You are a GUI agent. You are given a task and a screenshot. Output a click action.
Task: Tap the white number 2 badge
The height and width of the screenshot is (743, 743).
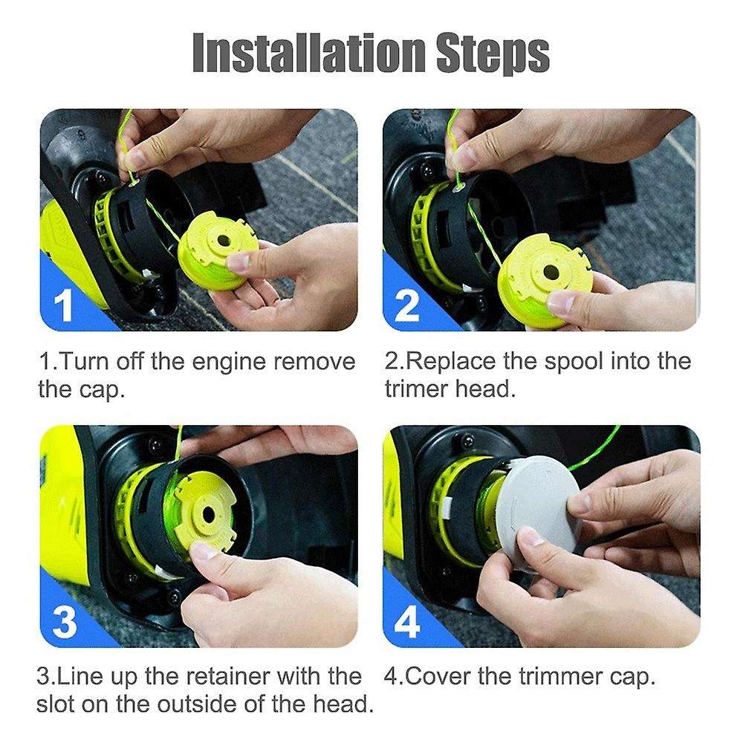pyautogui.click(x=406, y=304)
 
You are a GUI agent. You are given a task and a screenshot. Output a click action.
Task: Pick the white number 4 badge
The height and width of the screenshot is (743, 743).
pyautogui.click(x=407, y=623)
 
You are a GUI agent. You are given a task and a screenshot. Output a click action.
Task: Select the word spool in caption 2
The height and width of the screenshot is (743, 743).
pyautogui.click(x=570, y=363)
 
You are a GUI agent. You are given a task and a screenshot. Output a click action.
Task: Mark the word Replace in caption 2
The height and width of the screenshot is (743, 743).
pyautogui.click(x=452, y=363)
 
